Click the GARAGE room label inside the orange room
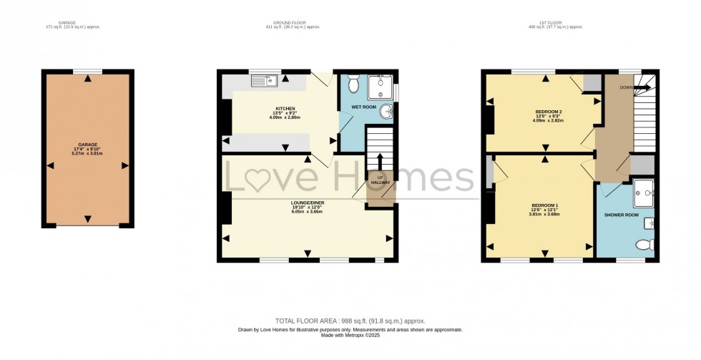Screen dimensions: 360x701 (x=87, y=145)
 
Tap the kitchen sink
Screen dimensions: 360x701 (x=264, y=81)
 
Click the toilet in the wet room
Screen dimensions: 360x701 (x=353, y=84)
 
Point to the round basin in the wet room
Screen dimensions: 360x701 (x=387, y=112)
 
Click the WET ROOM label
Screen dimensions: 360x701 (x=363, y=107)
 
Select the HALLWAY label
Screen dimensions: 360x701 (x=381, y=183)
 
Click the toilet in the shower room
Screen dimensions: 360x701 (x=644, y=245)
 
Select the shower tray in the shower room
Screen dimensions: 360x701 (x=644, y=189)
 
